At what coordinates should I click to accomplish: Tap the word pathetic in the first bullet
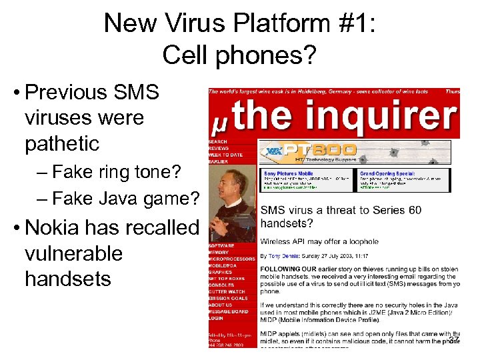[x=62, y=143]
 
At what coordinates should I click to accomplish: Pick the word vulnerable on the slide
[x=73, y=253]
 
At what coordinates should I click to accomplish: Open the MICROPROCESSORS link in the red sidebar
[x=231, y=259]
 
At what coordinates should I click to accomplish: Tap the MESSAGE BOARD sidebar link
[x=227, y=311]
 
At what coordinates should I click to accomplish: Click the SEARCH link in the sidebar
[x=217, y=141]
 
